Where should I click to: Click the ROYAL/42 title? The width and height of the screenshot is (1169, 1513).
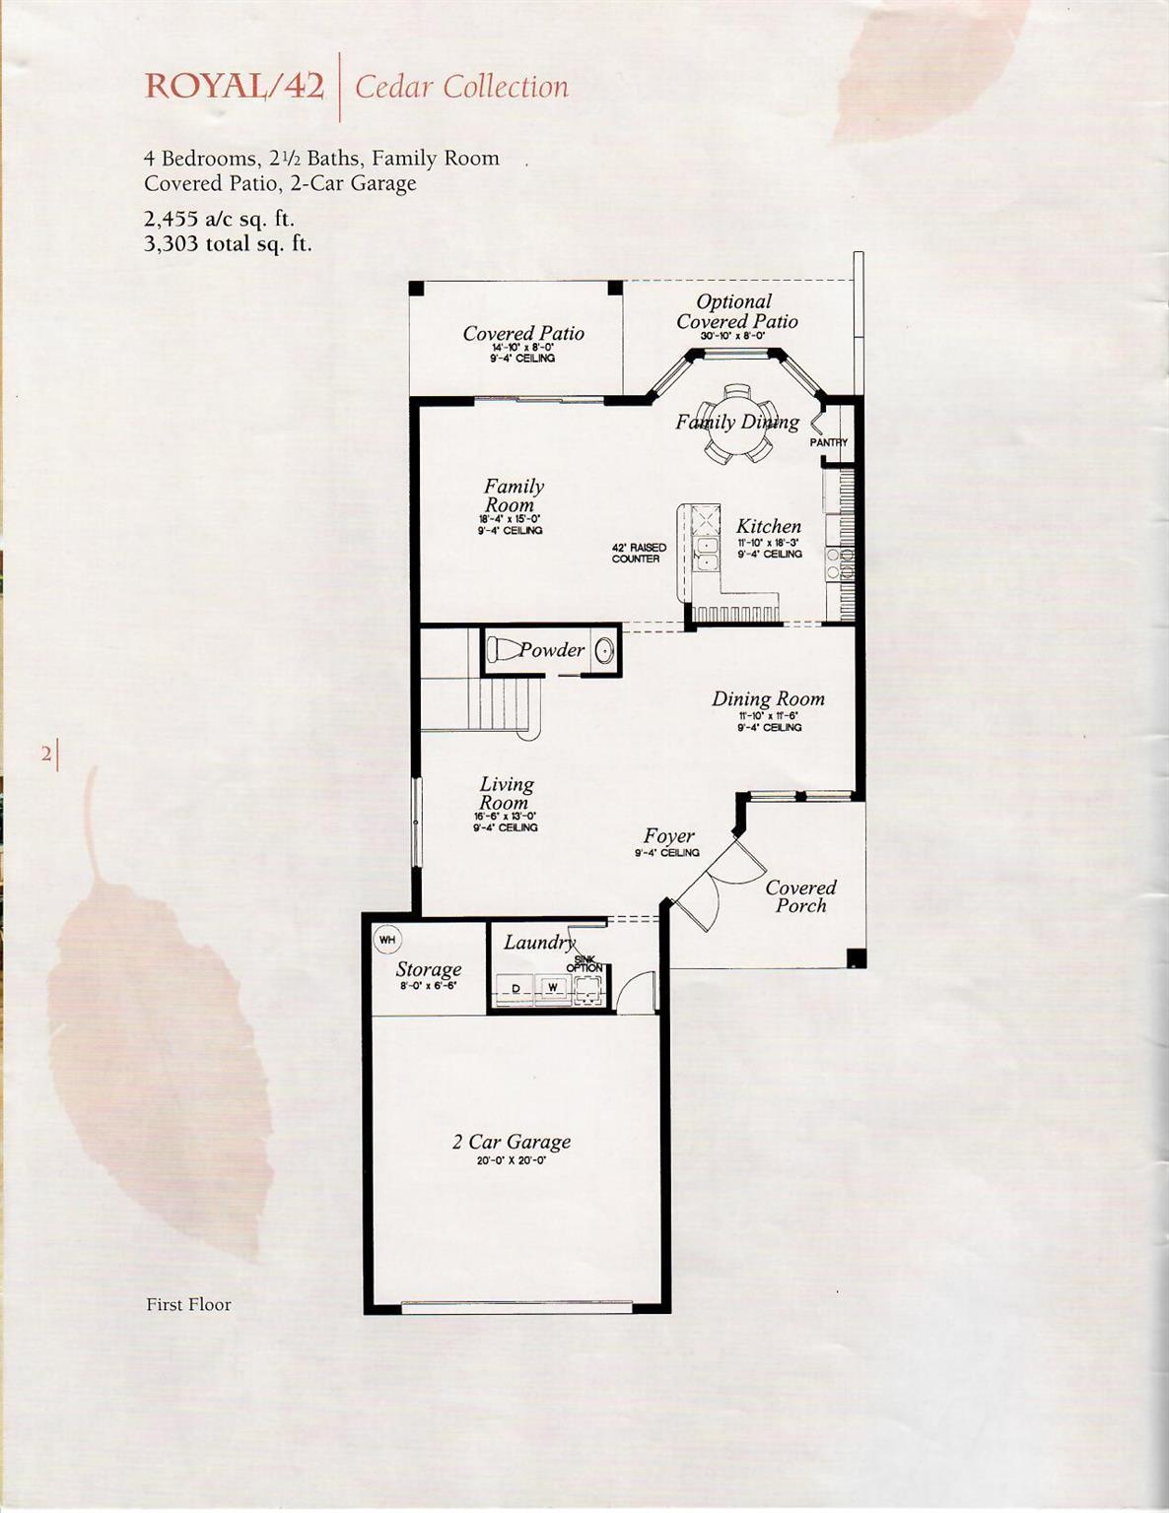[x=235, y=87]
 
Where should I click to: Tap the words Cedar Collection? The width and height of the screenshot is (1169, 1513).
[x=461, y=87]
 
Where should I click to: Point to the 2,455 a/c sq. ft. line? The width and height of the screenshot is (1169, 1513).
[x=219, y=219]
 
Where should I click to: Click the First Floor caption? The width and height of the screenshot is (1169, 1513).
[x=188, y=1304]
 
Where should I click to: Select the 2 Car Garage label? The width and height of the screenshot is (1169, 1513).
[x=512, y=1142]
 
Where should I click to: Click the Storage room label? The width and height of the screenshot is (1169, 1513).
[x=429, y=969]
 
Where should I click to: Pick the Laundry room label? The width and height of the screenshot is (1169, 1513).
[x=538, y=943]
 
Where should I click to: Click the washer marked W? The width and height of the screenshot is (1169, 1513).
[x=553, y=987]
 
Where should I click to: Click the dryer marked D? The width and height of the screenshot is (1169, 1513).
[x=515, y=987]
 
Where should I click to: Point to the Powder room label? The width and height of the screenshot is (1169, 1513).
[x=552, y=650]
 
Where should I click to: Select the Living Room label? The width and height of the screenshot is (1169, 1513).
[x=506, y=794]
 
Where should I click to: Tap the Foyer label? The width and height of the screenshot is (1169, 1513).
[x=669, y=836]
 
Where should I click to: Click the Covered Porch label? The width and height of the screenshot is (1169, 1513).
[x=800, y=896]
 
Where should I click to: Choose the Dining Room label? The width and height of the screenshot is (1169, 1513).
[x=768, y=699]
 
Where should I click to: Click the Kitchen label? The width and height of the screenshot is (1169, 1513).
[x=769, y=527]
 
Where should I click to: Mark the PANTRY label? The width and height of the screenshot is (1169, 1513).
[x=829, y=442]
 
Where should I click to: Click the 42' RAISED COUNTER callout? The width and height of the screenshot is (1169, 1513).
[x=638, y=553]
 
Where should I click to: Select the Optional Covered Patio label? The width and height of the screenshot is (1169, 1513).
[x=736, y=311]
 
